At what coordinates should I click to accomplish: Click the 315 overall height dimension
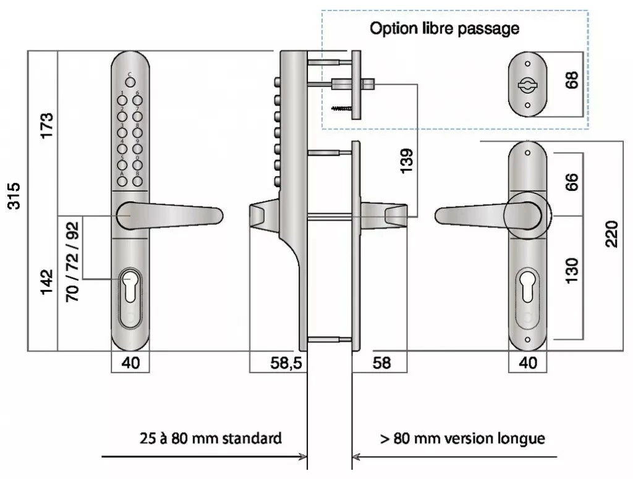[x=14, y=196]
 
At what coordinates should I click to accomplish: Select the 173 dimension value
[x=46, y=125]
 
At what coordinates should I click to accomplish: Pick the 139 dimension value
[x=406, y=161]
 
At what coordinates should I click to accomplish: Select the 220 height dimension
[x=611, y=234]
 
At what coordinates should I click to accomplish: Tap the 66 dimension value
[x=572, y=182]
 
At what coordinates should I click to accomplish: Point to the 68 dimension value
[x=572, y=81]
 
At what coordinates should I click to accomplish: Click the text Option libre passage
[x=444, y=28]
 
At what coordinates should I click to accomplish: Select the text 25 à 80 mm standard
[x=210, y=438]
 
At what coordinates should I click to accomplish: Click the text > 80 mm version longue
[x=462, y=438]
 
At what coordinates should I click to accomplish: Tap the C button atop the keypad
[x=130, y=83]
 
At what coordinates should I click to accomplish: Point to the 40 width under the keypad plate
[x=131, y=363]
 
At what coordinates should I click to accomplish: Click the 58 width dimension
[x=382, y=363]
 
